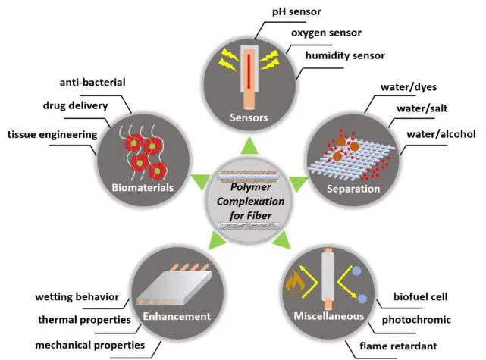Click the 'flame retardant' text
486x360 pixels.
click(x=400, y=346)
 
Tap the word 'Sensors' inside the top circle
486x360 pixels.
click(x=250, y=117)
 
